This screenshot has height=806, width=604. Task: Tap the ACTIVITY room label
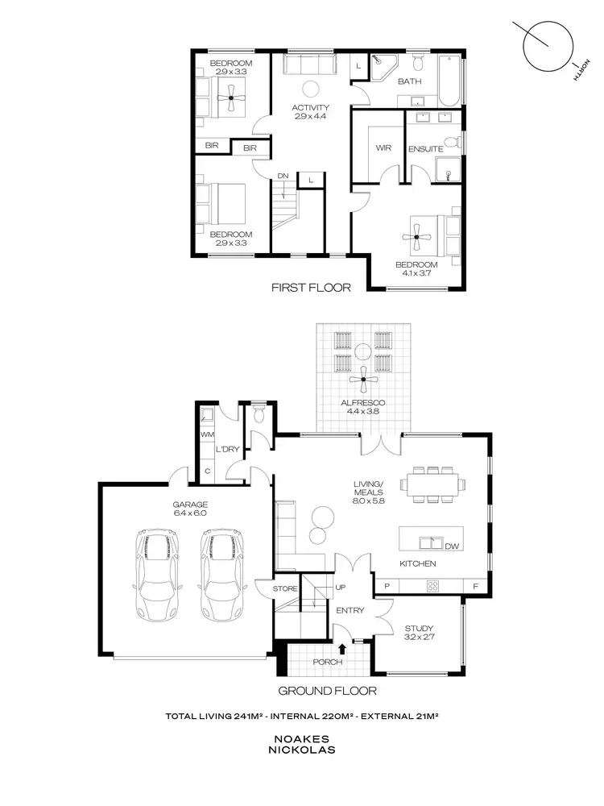click(310, 107)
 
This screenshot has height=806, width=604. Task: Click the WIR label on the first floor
click(383, 148)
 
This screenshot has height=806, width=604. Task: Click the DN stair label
click(283, 176)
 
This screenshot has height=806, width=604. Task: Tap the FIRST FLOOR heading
click(311, 287)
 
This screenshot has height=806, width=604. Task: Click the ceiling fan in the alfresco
click(363, 379)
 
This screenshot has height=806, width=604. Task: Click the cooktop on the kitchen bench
click(432, 586)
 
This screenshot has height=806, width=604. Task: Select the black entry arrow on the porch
click(344, 646)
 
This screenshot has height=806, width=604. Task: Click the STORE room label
click(285, 589)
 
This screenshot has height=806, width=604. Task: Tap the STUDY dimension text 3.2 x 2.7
click(418, 638)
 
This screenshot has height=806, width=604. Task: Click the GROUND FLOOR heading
click(327, 691)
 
